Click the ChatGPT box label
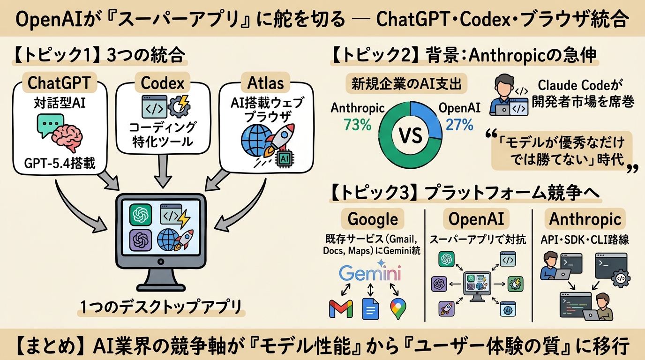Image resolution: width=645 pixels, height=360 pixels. tap(58, 83)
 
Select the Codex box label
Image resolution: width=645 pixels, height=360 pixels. tap(162, 83)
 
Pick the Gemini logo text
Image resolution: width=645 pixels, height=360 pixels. tap(370, 273)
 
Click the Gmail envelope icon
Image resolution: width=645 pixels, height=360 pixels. tap(341, 308)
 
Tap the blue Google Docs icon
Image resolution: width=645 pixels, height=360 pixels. tap(370, 308)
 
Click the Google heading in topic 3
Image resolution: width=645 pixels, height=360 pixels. tap(373, 219)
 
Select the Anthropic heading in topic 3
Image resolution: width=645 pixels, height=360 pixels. tap(585, 219)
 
